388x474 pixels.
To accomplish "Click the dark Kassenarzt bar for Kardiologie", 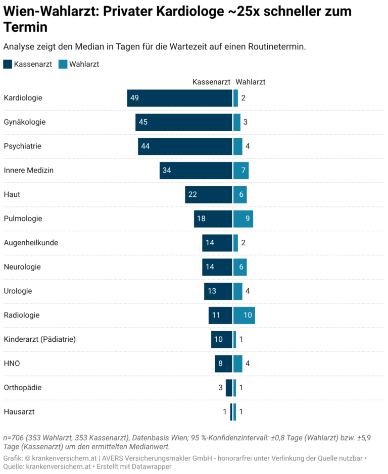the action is click(179, 98).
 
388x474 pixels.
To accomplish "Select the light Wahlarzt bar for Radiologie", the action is click(244, 315).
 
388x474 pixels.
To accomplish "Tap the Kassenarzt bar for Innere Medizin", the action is click(196, 171).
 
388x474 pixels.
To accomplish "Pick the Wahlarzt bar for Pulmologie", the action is click(244, 219).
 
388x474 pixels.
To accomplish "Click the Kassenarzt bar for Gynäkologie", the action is click(184, 122).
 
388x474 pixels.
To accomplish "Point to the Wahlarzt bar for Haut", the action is click(240, 195).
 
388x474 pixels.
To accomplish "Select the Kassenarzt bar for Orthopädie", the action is click(229, 388).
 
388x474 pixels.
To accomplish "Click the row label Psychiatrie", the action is click(22, 146).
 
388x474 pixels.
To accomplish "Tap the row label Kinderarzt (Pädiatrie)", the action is click(39, 340).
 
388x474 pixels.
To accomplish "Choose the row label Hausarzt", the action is click(19, 412).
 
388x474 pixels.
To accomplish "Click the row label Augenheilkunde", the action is click(31, 243).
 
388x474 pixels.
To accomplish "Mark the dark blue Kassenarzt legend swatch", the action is click(8, 64).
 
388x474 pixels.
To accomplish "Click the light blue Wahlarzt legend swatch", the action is click(63, 64).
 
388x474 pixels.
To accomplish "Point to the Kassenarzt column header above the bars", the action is click(211, 82).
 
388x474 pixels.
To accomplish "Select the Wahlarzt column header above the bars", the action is click(250, 82).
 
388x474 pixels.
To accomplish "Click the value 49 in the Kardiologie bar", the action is click(134, 98).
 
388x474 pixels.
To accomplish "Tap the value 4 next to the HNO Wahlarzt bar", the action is click(248, 363).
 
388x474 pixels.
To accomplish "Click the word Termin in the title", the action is click(26, 27).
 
